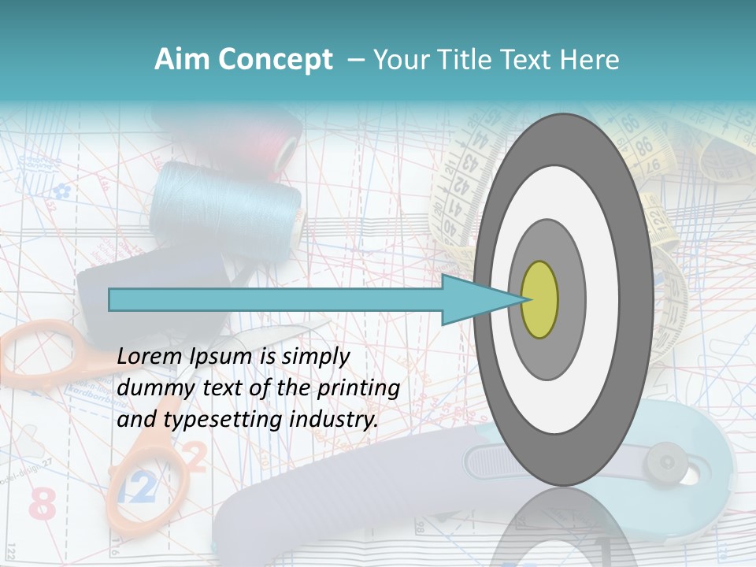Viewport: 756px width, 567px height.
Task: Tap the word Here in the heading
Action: point(591,60)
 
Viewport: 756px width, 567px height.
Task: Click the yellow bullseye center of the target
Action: point(539,300)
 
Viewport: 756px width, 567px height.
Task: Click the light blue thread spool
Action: point(228,201)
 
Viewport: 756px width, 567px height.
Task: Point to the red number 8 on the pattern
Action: point(43,504)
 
